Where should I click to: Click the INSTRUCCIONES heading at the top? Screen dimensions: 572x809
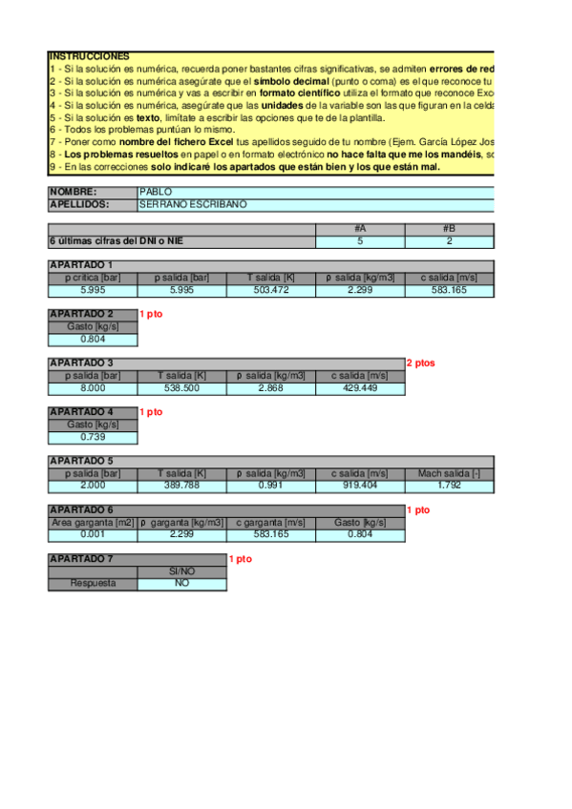point(89,57)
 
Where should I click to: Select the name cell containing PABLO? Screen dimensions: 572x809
point(156,192)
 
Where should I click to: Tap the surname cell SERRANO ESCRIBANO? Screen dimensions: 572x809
point(193,204)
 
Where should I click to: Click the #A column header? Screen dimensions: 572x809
point(360,229)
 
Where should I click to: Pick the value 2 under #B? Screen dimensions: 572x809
point(449,241)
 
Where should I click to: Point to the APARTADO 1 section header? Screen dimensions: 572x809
point(81,265)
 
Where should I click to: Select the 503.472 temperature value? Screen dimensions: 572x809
point(271,290)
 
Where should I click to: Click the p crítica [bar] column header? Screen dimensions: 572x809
point(93,278)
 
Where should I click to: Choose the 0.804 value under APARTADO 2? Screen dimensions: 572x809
point(93,339)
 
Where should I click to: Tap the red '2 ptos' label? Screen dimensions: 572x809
point(420,363)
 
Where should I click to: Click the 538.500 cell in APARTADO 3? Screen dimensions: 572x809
point(182,388)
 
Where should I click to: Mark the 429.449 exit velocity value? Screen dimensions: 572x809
point(360,388)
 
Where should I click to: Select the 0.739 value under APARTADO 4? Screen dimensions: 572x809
point(93,437)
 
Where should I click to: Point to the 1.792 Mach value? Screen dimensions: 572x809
point(449,487)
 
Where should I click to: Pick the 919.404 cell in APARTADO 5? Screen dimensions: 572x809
point(360,487)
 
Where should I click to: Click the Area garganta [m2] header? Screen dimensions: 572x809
point(93,523)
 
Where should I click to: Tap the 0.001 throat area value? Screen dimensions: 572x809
point(93,535)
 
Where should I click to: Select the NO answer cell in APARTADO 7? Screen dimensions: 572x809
point(182,584)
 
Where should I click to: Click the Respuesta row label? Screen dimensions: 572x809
point(93,584)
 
